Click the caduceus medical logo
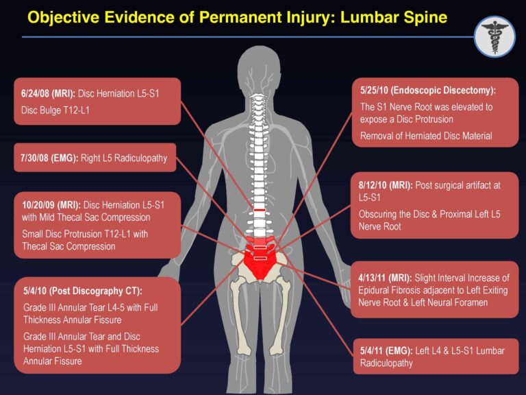[494, 36]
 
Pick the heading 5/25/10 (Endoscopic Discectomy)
[428, 90]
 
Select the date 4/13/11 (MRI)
[385, 278]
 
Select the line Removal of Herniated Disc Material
[426, 136]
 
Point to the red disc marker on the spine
[260, 208]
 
